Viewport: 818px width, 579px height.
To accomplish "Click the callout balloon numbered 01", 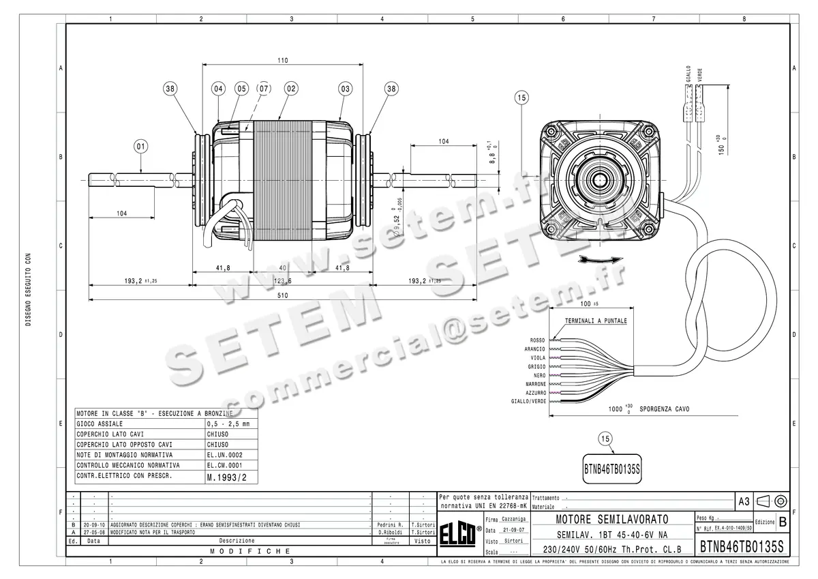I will [x=140, y=145].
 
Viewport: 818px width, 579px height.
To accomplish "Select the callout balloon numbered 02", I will [x=291, y=88].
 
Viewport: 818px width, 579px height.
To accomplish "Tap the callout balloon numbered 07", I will [x=263, y=88].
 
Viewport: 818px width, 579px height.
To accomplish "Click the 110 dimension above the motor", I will [x=282, y=60].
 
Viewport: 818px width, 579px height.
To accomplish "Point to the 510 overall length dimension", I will [x=282, y=295].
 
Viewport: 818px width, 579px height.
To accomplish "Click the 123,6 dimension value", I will [x=282, y=280].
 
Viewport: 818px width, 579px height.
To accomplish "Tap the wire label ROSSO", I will [x=537, y=340].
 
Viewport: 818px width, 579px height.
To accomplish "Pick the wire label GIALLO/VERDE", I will [x=528, y=402].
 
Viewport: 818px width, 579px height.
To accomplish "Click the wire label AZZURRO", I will [x=535, y=393].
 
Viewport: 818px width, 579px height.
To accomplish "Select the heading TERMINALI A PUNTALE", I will [x=595, y=320].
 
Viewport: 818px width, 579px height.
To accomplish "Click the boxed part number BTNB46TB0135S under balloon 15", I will [x=613, y=470].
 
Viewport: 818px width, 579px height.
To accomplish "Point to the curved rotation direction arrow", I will [x=600, y=258].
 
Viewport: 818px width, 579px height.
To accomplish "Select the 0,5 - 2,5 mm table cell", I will [x=228, y=424].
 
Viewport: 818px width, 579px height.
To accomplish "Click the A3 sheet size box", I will [x=744, y=501].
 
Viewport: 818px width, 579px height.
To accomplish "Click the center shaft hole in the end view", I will [x=601, y=180].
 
